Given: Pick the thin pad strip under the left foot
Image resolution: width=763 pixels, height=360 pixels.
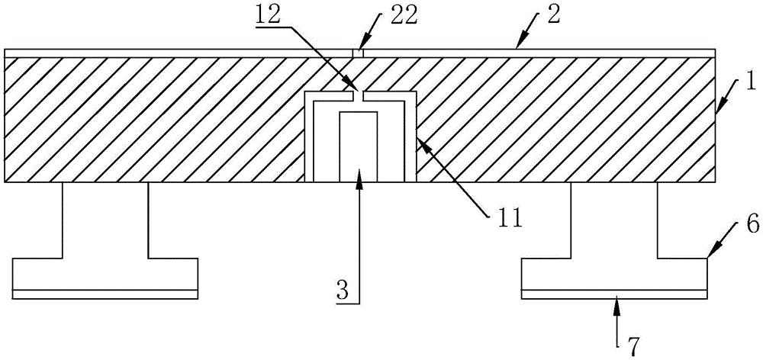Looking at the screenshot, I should click(105, 293).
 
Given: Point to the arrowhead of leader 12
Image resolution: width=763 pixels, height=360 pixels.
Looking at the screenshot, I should click(351, 85).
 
